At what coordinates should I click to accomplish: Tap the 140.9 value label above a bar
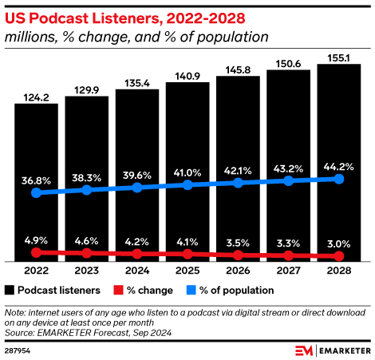[x=188, y=77]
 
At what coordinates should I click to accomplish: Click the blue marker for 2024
[x=137, y=187]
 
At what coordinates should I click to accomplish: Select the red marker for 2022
[x=36, y=251]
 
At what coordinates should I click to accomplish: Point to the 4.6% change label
[x=86, y=239]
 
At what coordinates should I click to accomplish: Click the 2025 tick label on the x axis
[x=188, y=270]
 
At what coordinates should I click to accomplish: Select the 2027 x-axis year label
[x=289, y=270]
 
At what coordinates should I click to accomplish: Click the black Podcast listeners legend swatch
[x=10, y=290]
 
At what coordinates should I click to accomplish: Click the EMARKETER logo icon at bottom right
[x=303, y=350]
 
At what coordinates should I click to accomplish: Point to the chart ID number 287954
[x=18, y=350]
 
